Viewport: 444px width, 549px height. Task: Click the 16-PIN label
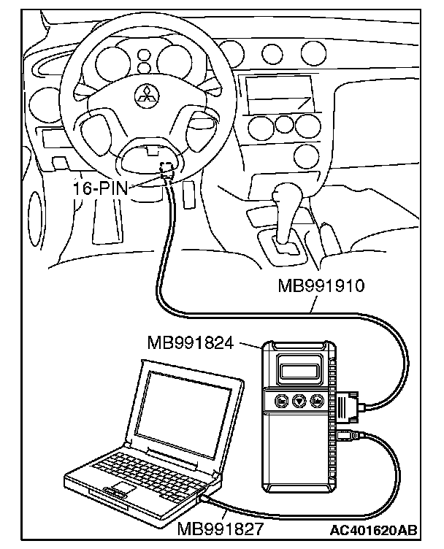coord(100,188)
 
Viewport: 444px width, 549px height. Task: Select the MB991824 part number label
coord(190,342)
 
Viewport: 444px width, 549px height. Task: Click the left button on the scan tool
coord(280,400)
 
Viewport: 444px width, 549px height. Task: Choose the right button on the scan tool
coord(318,400)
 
